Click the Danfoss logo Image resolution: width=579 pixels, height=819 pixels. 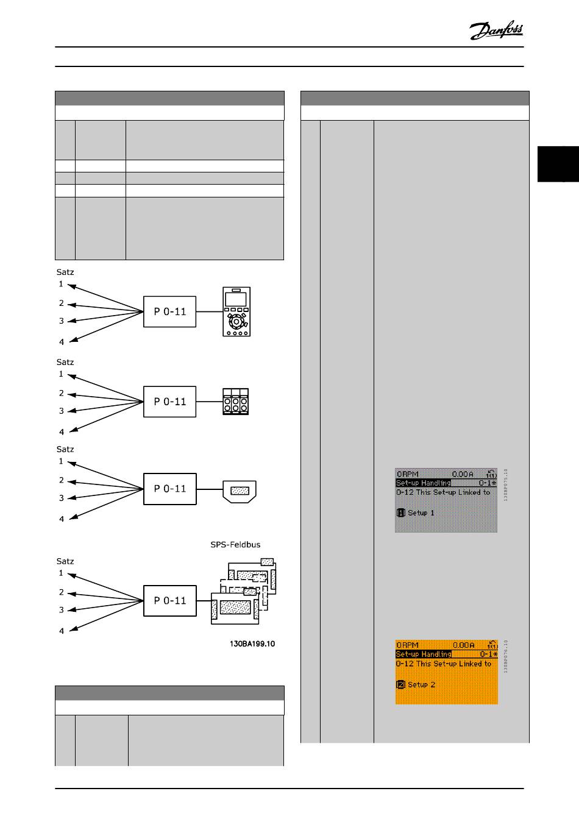496,30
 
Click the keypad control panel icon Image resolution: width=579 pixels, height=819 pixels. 236,311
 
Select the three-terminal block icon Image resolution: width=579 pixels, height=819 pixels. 236,402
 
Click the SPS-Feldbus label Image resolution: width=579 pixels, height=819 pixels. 231,545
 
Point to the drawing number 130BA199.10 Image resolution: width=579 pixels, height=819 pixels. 252,643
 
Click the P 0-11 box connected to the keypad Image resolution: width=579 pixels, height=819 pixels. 169,311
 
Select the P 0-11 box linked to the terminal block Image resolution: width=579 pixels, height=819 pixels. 169,402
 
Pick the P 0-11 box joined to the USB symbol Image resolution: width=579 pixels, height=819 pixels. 170,489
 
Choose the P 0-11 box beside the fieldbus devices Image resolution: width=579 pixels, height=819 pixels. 170,600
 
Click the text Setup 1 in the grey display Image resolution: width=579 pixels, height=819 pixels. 421,513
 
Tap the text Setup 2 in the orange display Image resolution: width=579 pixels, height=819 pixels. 421,684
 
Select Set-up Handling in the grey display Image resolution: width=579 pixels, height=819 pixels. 424,483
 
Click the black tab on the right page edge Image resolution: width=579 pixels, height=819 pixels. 558,164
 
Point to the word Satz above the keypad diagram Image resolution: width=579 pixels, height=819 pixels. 65,272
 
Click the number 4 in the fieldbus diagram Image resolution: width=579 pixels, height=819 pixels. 61,631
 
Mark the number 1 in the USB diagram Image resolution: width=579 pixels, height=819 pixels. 61,461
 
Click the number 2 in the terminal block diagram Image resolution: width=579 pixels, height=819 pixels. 62,393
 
